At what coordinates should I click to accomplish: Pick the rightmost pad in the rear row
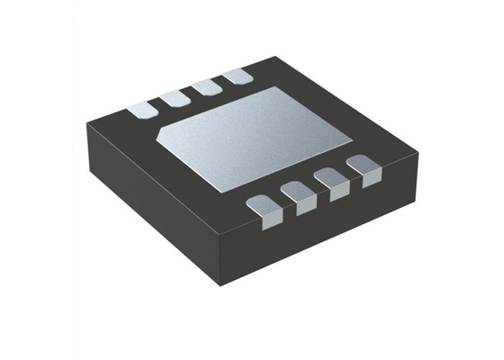[x=238, y=77]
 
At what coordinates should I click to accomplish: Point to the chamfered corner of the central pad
[x=166, y=133]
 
